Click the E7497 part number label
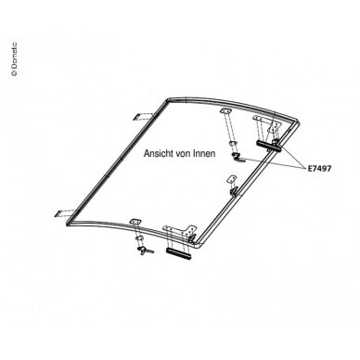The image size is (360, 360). coord(319,169)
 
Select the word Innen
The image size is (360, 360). coord(204,153)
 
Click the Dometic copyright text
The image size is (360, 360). coord(14,59)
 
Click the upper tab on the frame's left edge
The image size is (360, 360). coord(143,117)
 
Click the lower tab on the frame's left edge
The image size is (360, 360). coord(65,212)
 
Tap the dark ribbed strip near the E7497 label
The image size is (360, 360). coord(268,146)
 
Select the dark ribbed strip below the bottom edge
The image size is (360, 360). coord(178,253)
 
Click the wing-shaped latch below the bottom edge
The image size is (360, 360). coord(144,251)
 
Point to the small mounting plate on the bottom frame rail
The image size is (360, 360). coord(135,222)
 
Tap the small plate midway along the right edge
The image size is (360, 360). coord(231,179)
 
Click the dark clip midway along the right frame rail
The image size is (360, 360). coord(234,191)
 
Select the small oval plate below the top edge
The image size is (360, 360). coord(225,111)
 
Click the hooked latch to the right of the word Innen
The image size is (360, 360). coord(238,157)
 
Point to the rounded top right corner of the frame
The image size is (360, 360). coord(296,122)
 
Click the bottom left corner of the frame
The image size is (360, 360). coord(68,223)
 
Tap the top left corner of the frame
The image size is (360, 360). coord(169,100)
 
